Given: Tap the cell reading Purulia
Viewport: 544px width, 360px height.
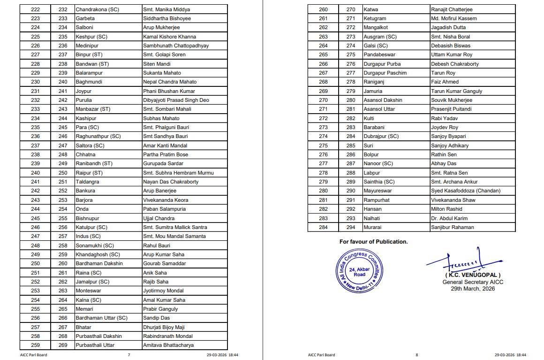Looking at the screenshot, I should [x=83, y=100].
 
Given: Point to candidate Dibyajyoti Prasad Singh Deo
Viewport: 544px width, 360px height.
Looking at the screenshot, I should [x=176, y=100].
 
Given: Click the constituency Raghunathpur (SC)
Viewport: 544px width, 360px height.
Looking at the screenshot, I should [x=98, y=136].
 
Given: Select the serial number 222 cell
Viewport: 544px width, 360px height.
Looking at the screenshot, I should [x=35, y=9].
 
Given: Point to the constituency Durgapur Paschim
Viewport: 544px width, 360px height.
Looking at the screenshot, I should [x=385, y=73].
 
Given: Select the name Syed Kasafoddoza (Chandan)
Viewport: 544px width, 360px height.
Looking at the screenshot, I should [x=465, y=191].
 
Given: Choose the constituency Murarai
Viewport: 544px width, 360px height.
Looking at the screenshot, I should [x=373, y=227].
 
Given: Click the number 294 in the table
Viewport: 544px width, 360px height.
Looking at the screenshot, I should [x=351, y=227].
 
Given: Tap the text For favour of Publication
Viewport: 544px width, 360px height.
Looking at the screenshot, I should [x=373, y=242].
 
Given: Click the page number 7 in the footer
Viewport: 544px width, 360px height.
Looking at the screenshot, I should [x=128, y=355].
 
